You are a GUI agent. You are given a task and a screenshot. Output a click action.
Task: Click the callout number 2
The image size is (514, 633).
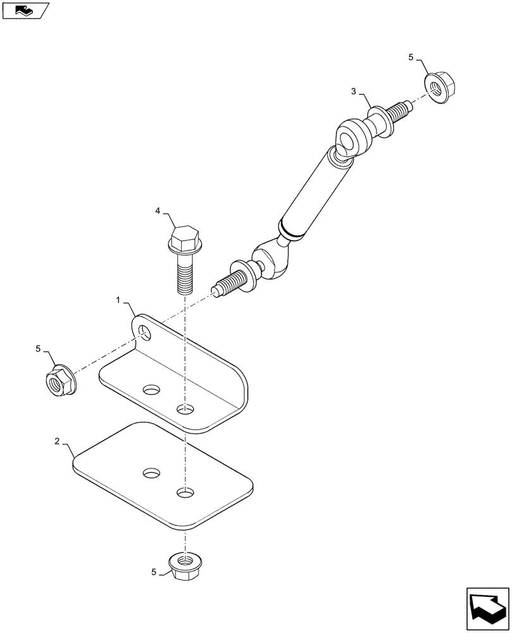57,441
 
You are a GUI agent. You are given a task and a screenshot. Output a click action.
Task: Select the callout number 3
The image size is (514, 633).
354,92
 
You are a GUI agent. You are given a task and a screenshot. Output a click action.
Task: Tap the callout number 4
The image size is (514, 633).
158,212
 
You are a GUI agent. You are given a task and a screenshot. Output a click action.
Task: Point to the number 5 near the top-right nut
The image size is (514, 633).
411,58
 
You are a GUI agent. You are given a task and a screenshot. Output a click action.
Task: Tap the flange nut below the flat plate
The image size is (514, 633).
184,561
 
